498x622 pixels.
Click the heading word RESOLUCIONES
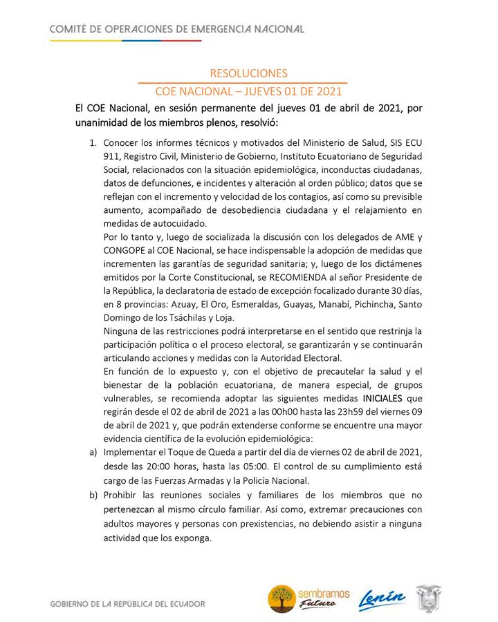tap(248, 73)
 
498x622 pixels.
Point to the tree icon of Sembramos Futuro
tap(282, 599)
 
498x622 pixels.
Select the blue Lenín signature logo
tap(382, 599)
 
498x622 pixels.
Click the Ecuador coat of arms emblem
tap(430, 599)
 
